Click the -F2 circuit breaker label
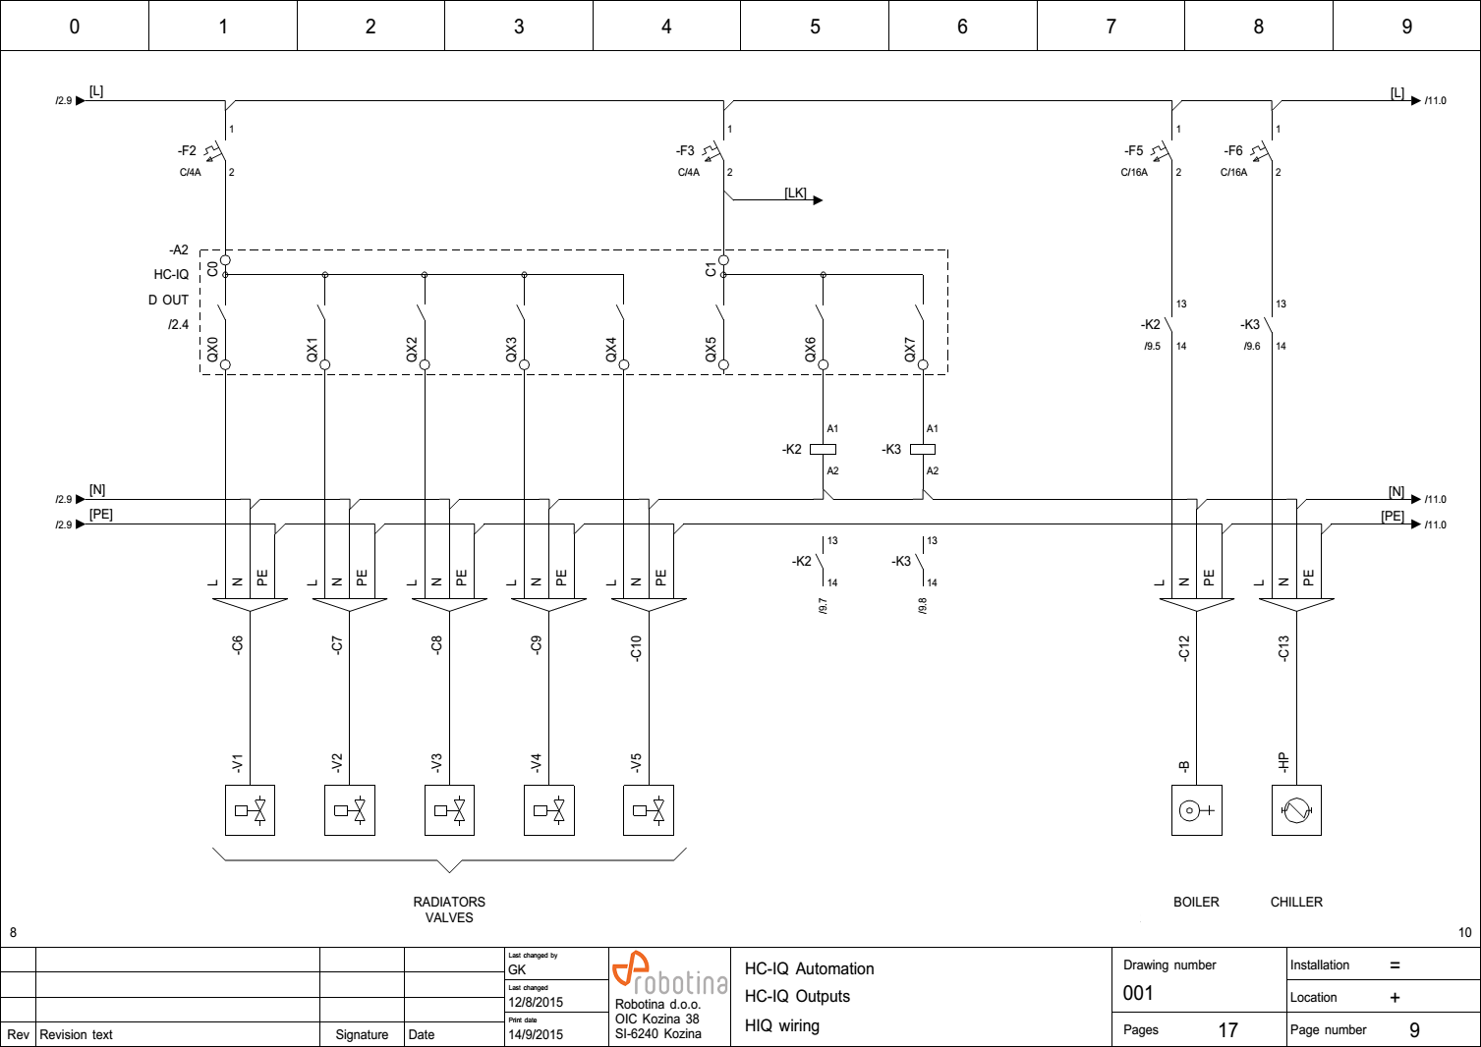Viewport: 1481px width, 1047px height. coord(187,151)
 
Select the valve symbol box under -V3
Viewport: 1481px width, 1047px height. coord(449,810)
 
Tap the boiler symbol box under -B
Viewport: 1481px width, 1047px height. coord(1196,810)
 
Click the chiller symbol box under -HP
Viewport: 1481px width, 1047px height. coord(1296,810)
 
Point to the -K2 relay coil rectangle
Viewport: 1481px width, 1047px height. coord(823,450)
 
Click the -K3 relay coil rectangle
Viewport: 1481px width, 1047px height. coord(922,450)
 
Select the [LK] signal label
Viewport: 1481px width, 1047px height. coord(795,193)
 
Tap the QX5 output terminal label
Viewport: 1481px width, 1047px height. coord(711,350)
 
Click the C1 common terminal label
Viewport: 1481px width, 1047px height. coord(711,268)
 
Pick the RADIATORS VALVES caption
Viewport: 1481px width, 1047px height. coord(449,909)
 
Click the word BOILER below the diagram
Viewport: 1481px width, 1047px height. coord(1196,902)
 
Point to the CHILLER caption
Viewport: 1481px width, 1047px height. coord(1296,902)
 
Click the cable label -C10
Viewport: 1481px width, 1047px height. coord(636,648)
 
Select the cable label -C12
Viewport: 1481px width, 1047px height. coord(1184,648)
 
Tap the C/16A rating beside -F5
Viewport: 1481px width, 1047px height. coord(1134,173)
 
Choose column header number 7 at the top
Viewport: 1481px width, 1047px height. coord(1111,27)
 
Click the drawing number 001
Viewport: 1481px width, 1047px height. coord(1138,993)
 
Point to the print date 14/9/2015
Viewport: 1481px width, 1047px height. coord(536,1034)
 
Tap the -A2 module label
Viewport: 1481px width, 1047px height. coord(178,250)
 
